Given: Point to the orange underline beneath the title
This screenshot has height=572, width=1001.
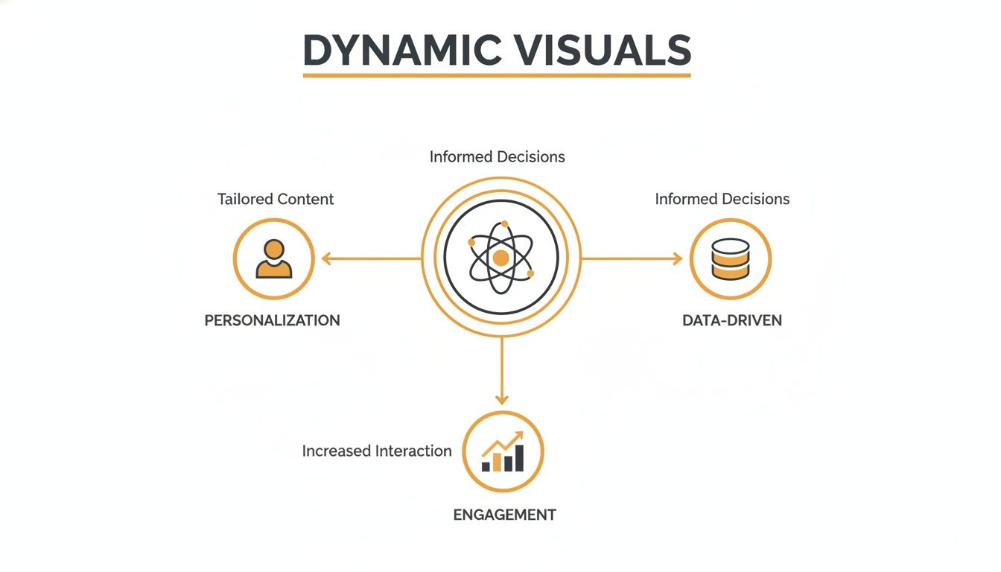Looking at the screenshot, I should click(x=497, y=74).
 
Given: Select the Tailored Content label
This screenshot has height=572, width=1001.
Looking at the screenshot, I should click(x=276, y=199).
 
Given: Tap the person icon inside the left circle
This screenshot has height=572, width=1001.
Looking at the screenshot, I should click(x=273, y=260).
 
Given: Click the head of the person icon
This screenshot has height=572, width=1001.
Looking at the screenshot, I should click(x=273, y=249).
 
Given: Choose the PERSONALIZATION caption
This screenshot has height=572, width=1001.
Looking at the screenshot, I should click(x=272, y=320).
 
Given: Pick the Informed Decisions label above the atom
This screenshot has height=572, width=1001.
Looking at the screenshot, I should click(x=497, y=156).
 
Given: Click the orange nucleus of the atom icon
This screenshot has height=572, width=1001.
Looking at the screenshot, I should click(x=500, y=258).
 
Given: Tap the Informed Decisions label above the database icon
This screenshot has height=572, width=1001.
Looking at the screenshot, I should click(x=722, y=199).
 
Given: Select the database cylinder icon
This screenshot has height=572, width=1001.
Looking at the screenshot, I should click(x=730, y=259).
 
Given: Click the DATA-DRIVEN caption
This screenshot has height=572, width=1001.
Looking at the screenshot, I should click(x=732, y=320).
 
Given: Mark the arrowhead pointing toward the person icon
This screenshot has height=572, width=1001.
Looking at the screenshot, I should click(x=326, y=259).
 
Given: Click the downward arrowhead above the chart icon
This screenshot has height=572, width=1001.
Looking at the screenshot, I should click(x=502, y=400).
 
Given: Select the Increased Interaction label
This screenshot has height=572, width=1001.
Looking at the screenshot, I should click(x=376, y=451).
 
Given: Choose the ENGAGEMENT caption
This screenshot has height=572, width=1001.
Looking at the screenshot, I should click(x=504, y=514).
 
